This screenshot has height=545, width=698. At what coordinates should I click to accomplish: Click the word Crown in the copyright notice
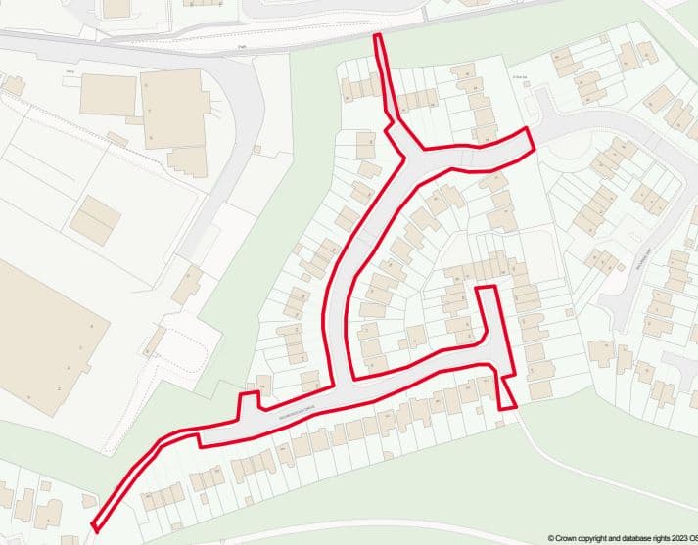point(569,538)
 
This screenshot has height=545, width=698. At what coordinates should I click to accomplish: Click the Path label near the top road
point(241,46)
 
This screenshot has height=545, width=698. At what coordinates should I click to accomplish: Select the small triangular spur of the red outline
point(505,393)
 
